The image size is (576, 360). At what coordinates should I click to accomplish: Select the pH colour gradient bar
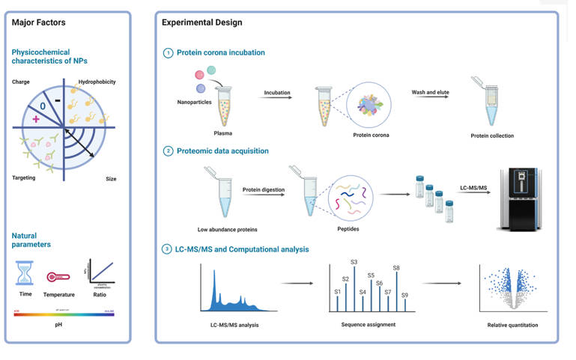(x=64, y=314)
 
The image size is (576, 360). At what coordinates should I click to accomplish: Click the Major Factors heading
(x=37, y=22)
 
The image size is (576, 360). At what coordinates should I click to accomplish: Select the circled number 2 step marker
(x=168, y=150)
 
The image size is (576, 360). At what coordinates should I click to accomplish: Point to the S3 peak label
(x=354, y=262)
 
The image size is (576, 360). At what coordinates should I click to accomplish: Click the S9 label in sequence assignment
(x=404, y=295)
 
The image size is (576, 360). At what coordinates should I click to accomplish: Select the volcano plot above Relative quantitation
(x=512, y=288)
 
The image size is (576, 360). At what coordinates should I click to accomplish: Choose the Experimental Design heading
(x=201, y=22)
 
